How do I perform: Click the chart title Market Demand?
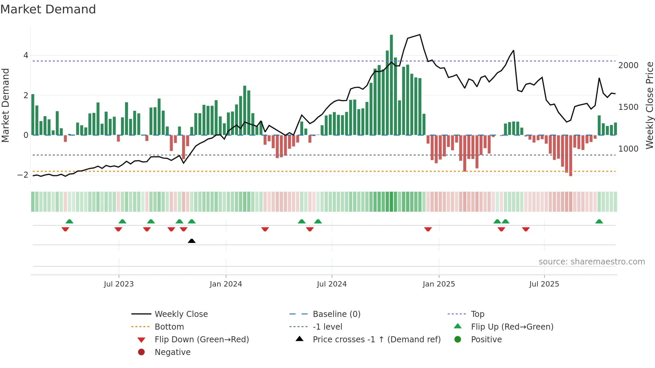click(x=48, y=9)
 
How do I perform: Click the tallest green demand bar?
click(x=391, y=85)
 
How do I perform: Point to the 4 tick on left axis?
click(x=26, y=55)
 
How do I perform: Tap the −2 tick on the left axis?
click(x=23, y=175)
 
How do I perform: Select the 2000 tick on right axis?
click(x=628, y=65)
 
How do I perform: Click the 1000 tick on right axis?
click(x=628, y=149)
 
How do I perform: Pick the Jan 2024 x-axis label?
click(x=226, y=284)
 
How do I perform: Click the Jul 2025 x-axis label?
click(x=544, y=284)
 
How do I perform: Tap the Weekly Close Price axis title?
click(x=649, y=105)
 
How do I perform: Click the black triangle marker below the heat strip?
click(x=191, y=241)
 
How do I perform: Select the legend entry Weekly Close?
click(x=181, y=314)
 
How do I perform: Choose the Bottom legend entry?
click(x=169, y=327)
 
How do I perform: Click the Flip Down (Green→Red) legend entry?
click(x=202, y=340)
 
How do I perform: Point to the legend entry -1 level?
click(x=327, y=327)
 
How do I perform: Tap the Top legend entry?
click(x=477, y=314)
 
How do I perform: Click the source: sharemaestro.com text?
click(x=592, y=262)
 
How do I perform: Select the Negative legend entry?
click(x=172, y=352)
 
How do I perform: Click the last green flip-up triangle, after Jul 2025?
click(x=599, y=221)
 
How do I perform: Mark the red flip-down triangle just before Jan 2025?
click(x=428, y=229)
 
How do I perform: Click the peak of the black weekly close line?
click(x=420, y=35)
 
